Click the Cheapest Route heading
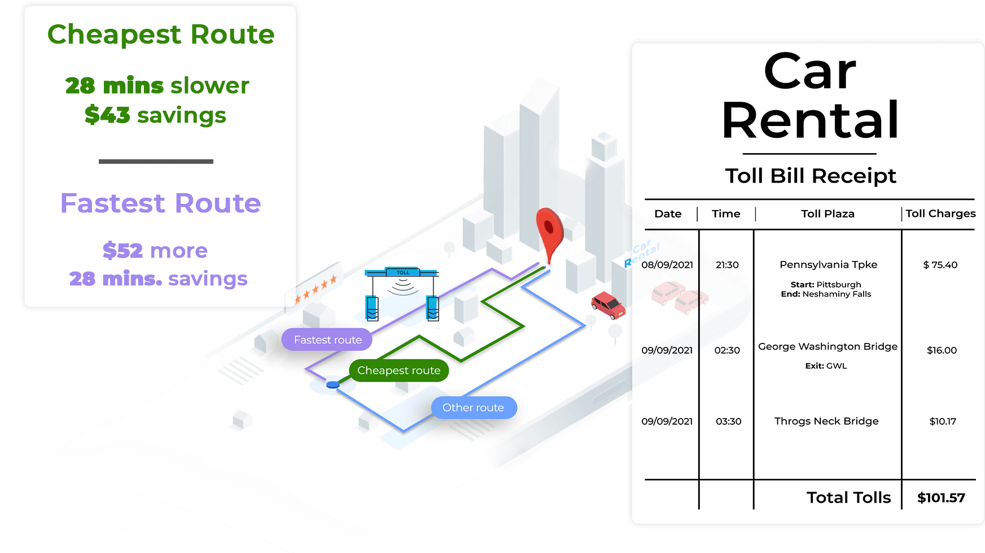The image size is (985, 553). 161,35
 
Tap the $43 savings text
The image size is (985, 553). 155,115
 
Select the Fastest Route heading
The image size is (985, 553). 161,203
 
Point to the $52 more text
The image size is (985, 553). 155,250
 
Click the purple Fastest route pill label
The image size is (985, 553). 327,340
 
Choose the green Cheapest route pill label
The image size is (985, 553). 399,371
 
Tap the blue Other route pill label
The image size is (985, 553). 473,408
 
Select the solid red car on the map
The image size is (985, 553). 608,305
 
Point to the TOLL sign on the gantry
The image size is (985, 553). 402,272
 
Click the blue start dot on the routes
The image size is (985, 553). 332,385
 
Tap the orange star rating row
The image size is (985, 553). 316,288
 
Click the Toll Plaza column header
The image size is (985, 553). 828,214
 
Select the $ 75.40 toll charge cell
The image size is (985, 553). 940,265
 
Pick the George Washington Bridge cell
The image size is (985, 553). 828,347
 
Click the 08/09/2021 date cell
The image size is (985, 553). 667,265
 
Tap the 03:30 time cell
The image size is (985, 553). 728,421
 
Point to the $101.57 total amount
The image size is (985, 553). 941,498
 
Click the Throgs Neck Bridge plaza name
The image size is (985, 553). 826,421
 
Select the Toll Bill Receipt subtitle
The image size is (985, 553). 810,176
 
